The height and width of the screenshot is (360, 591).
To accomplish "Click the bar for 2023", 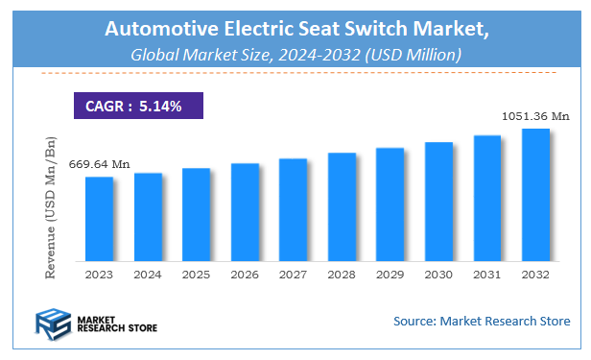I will [100, 219].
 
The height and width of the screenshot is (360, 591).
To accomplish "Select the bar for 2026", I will [245, 212].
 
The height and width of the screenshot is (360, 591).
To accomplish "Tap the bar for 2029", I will [390, 204].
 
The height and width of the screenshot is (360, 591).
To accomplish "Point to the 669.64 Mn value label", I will [99, 164].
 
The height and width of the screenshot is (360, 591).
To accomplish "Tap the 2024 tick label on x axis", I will [148, 274].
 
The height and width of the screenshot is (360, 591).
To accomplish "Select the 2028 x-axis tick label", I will [342, 274].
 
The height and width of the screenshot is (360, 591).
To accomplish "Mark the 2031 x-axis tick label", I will [487, 274].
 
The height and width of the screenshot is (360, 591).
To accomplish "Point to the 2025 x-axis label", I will [197, 274].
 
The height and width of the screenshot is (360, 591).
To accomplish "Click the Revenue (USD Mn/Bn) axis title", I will [51, 206].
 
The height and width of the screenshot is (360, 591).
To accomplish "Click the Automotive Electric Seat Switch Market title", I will [295, 31].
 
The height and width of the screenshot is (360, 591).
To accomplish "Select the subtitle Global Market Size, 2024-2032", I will [295, 56].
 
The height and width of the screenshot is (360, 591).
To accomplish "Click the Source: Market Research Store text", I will [481, 321].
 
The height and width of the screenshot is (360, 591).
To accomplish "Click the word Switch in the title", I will [374, 31].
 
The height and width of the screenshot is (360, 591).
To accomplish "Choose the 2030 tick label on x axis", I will [438, 274].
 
